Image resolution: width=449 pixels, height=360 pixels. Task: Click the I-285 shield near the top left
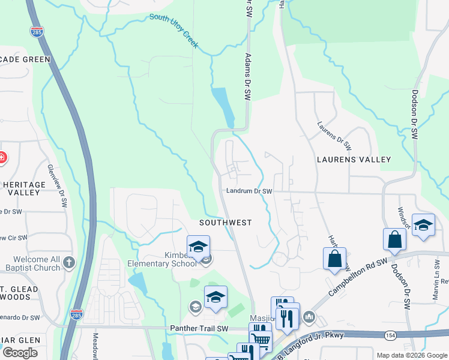pos(37,32)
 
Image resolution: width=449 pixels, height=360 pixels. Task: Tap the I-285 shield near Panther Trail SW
pos(76,314)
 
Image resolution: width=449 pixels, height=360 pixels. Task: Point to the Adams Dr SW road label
pos(247,77)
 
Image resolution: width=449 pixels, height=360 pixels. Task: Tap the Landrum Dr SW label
pos(249,191)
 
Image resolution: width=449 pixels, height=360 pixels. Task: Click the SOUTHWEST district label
pos(226,223)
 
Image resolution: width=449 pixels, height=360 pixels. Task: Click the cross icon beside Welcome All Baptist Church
pos(69,262)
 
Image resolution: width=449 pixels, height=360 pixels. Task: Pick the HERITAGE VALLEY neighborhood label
pos(24,189)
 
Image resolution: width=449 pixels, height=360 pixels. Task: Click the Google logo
pos(20,353)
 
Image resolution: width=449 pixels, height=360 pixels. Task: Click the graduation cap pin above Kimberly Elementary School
pos(198,247)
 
